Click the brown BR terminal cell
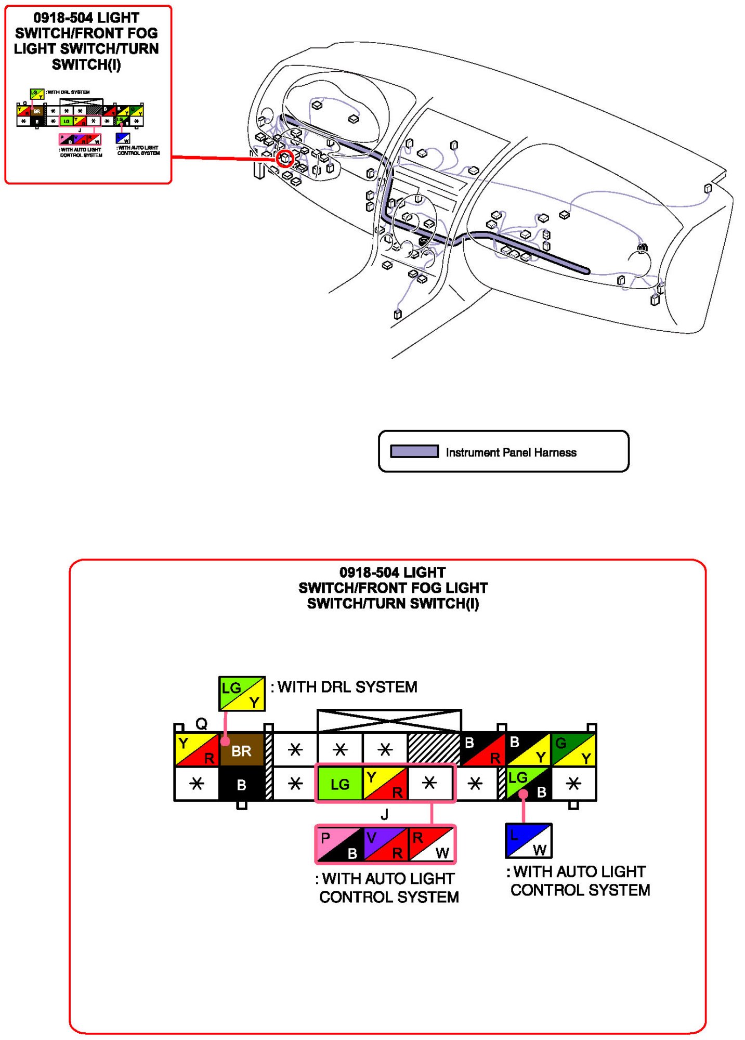(241, 750)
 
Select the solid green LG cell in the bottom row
(339, 784)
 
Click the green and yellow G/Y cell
(573, 749)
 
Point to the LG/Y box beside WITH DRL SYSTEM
(242, 694)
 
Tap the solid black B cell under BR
(241, 784)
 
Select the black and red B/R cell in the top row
(483, 749)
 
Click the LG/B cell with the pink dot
(528, 784)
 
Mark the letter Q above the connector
(201, 723)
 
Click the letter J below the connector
(384, 814)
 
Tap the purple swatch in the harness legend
(414, 451)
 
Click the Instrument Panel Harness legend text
(511, 452)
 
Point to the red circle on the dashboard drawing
(285, 158)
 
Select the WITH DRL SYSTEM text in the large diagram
(347, 687)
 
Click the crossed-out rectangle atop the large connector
(389, 721)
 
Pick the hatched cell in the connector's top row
(434, 749)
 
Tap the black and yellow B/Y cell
(528, 749)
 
